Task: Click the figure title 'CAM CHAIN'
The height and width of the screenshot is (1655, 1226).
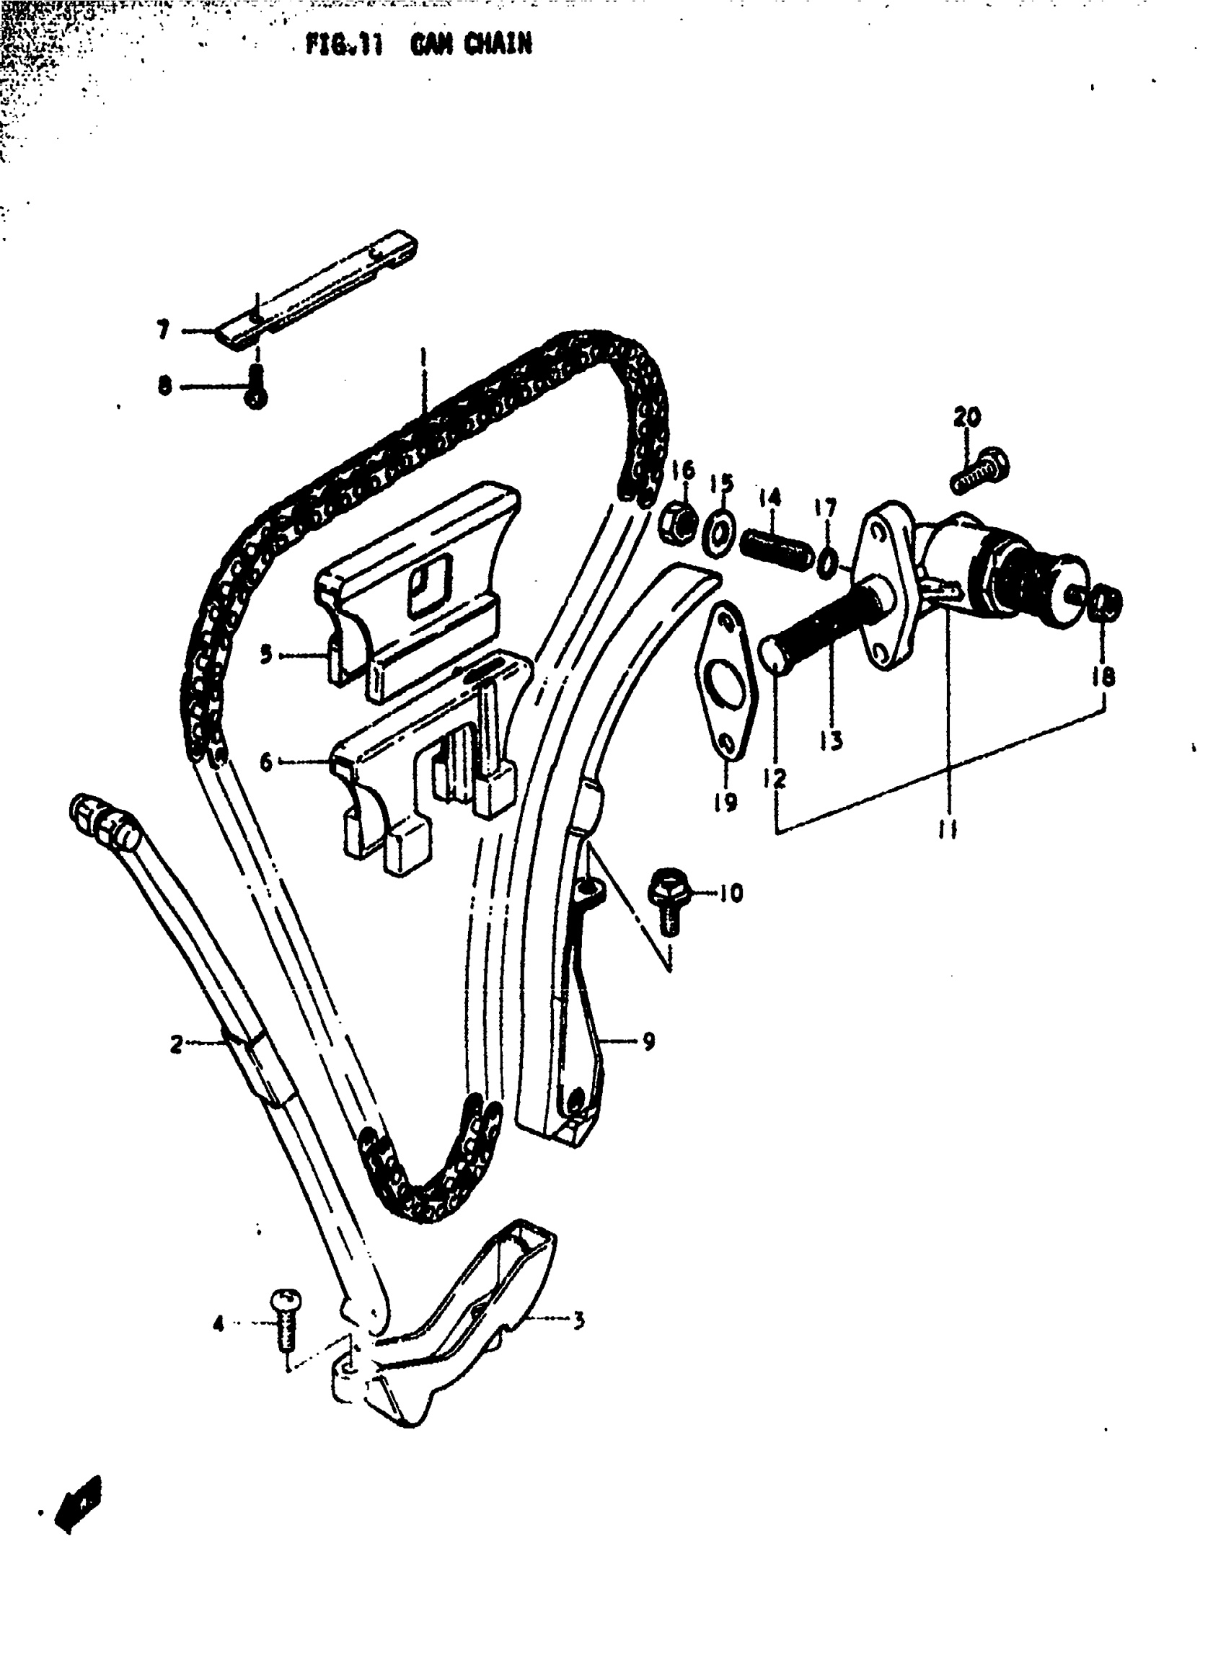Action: pyautogui.click(x=470, y=45)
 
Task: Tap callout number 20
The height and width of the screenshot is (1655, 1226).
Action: pyautogui.click(x=966, y=417)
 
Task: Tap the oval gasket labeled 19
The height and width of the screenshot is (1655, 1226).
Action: pyautogui.click(x=726, y=682)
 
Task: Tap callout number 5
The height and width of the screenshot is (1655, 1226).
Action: pyautogui.click(x=265, y=655)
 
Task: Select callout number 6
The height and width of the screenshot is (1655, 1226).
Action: pyautogui.click(x=265, y=762)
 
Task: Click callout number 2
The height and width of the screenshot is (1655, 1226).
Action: pyautogui.click(x=176, y=1045)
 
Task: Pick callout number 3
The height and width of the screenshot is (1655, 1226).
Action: pyautogui.click(x=578, y=1319)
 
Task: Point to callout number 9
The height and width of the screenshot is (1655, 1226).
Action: pyautogui.click(x=648, y=1041)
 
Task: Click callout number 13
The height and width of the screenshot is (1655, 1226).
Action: pyautogui.click(x=832, y=739)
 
